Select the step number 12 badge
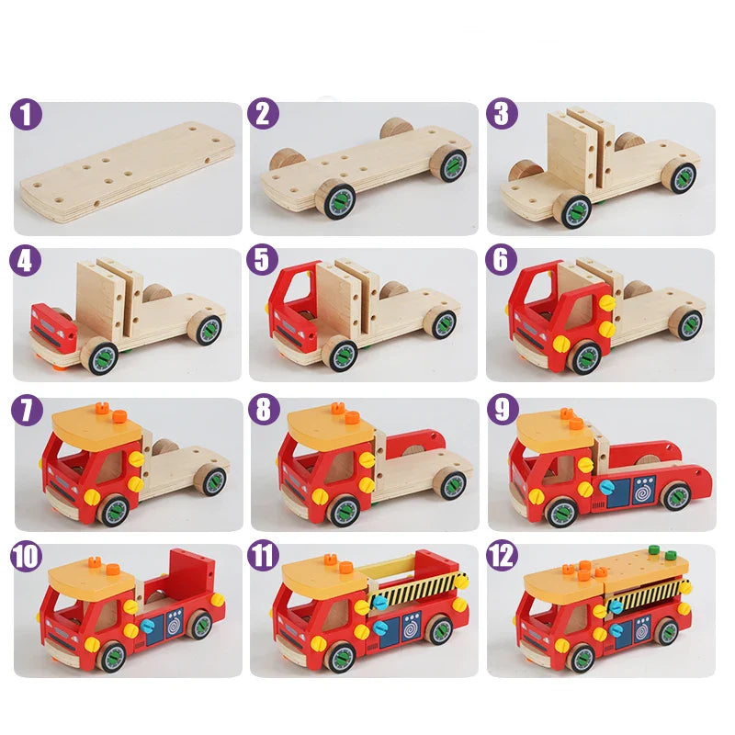(x=503, y=556)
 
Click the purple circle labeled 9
(x=503, y=411)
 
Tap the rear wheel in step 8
(x=450, y=483)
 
